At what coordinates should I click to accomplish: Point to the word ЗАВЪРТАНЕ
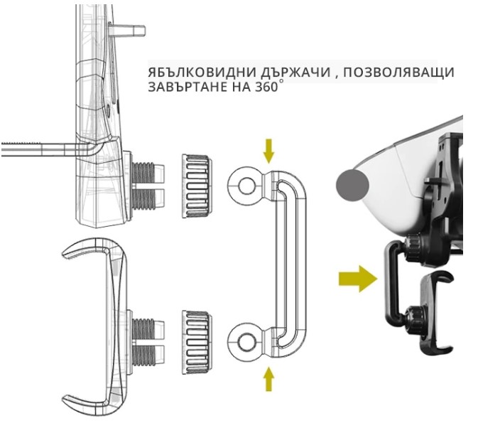(x=183, y=89)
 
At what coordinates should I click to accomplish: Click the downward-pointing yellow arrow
(x=268, y=150)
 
